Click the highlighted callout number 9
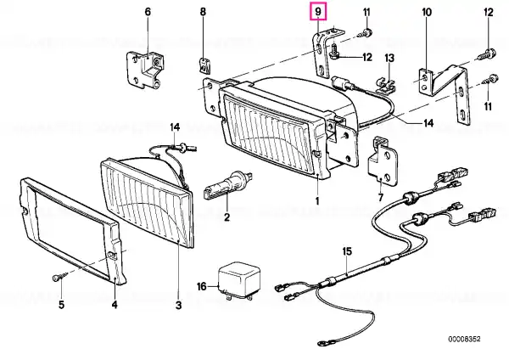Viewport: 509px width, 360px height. (318, 12)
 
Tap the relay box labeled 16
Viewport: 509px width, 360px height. (239, 281)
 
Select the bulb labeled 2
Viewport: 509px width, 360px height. (228, 185)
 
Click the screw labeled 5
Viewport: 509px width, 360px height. (60, 277)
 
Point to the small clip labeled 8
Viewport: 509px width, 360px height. (204, 65)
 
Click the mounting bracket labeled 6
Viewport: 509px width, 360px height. (145, 70)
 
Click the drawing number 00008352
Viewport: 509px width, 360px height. (464, 340)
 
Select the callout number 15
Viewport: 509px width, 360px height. (347, 251)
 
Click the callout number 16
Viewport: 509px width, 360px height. (202, 286)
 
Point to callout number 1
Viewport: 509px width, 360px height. (317, 200)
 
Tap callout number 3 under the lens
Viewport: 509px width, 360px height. (178, 305)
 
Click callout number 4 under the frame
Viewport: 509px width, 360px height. (115, 305)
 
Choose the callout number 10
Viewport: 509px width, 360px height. (427, 13)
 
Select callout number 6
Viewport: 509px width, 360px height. (148, 12)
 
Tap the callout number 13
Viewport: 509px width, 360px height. (389, 59)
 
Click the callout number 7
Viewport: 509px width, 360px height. (380, 197)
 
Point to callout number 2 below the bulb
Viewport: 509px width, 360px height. (227, 217)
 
